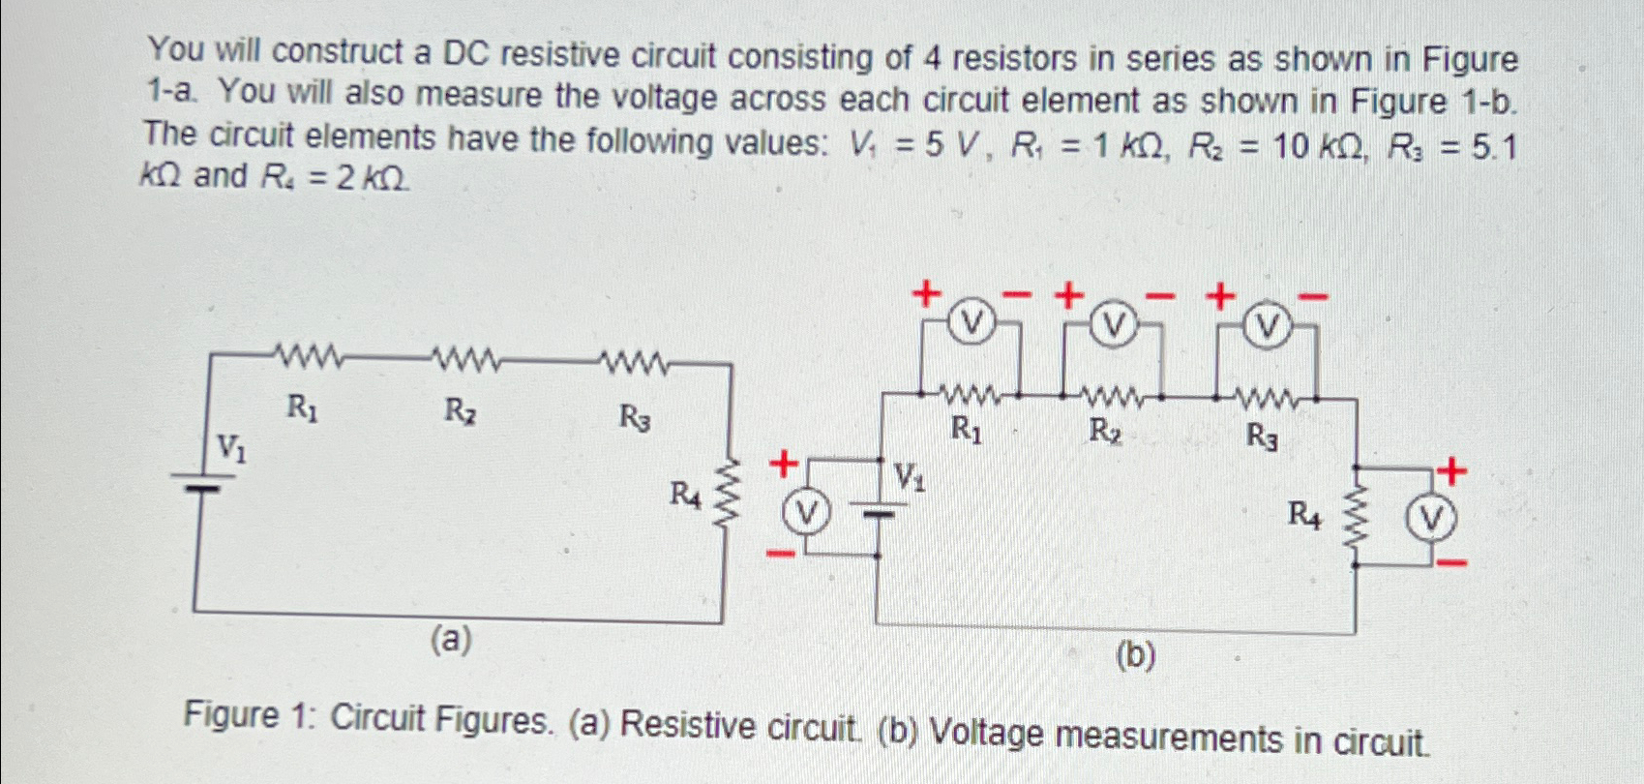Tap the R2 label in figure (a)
tap(460, 411)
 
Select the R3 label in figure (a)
tap(635, 418)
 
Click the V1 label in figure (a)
tap(230, 447)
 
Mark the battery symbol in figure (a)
tap(195, 482)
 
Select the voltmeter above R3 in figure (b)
tap(1265, 329)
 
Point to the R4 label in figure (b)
tap(1303, 515)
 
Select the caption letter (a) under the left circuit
tap(452, 639)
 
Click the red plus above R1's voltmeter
tap(926, 291)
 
